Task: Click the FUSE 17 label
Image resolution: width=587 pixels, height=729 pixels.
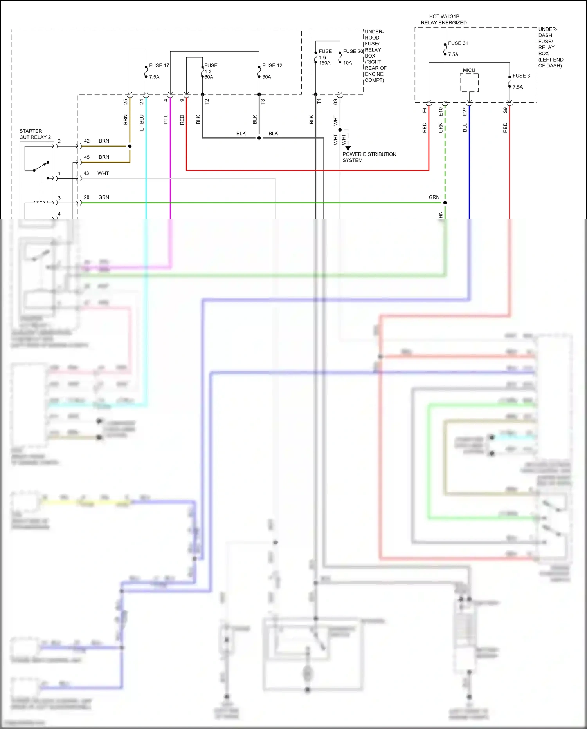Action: tap(159, 65)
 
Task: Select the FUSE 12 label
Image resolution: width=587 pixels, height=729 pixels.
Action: tap(272, 65)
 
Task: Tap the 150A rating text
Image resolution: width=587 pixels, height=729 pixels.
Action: tap(324, 63)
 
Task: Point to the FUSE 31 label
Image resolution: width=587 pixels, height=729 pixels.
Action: tap(458, 43)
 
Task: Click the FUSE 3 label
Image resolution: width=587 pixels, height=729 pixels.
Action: tap(521, 76)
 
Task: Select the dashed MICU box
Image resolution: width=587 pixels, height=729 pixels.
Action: tap(469, 83)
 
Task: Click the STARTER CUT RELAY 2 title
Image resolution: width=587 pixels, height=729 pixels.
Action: tap(35, 134)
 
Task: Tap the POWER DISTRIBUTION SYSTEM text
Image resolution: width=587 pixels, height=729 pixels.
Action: tap(369, 157)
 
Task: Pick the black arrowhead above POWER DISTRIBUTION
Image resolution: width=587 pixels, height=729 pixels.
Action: tap(348, 148)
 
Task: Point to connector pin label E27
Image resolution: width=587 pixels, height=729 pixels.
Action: tap(465, 112)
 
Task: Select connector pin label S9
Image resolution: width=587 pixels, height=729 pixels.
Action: tap(505, 111)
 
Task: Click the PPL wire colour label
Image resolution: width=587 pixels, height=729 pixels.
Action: tap(166, 119)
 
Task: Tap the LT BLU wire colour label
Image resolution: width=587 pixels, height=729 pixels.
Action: tap(142, 122)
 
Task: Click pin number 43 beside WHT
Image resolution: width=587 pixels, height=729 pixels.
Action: tap(86, 173)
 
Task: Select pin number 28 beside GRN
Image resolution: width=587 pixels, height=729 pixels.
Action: tap(86, 197)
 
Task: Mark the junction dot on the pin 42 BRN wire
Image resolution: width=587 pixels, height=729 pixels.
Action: tap(130, 146)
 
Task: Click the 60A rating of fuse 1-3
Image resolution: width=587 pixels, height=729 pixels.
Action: tap(209, 77)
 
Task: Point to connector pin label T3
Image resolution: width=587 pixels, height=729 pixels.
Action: tap(263, 101)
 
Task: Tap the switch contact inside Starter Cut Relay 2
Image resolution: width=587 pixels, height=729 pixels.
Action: tap(41, 166)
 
